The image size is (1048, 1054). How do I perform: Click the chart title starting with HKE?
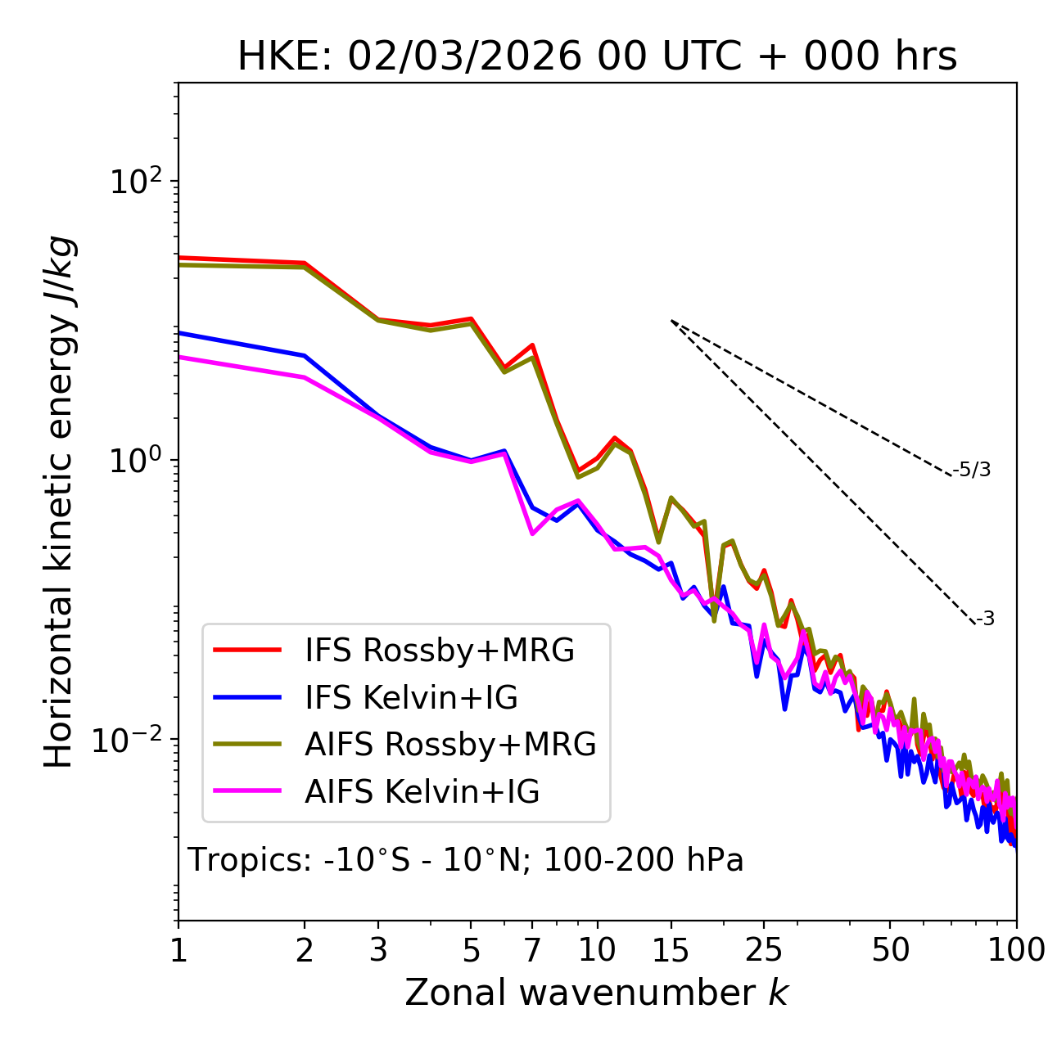(597, 57)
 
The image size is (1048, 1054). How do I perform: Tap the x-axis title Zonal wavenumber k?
(596, 993)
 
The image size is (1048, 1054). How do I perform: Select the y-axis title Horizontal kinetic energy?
(59, 502)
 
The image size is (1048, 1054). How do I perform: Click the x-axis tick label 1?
(178, 950)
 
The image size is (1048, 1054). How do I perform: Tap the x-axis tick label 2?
(305, 950)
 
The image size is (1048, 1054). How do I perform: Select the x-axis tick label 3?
(378, 950)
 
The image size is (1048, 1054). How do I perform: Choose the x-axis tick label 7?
(532, 950)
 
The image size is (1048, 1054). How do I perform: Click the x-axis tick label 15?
(671, 950)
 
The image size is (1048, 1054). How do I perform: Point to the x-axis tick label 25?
(764, 950)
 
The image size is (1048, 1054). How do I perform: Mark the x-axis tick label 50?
(890, 950)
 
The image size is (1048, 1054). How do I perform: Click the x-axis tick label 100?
(1016, 950)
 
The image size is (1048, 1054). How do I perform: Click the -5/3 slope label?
(972, 470)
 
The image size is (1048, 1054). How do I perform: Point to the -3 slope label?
(985, 619)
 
